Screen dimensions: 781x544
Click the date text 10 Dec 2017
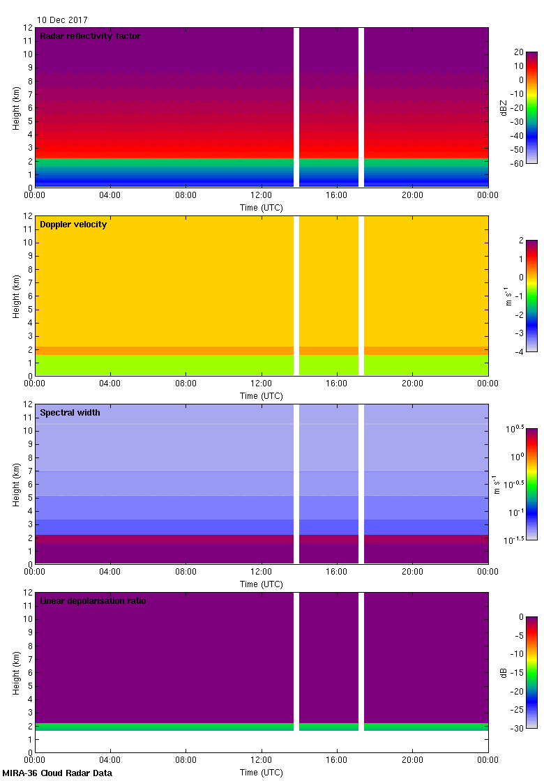63,20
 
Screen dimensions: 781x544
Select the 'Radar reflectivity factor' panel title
90,36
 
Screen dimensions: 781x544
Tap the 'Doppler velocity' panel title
73,225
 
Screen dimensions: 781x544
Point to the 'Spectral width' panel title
70,413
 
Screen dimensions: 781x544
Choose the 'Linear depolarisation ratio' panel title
93,601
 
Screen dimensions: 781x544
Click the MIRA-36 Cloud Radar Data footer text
57,773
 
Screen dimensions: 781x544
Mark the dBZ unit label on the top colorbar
504,107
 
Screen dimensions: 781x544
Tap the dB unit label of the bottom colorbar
504,672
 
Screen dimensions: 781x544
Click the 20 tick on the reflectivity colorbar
518,52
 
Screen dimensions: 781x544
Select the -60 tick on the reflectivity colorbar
517,163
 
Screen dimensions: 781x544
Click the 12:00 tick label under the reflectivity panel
262,195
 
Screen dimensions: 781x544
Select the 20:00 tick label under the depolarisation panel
412,760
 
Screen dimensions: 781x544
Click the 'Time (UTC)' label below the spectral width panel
262,584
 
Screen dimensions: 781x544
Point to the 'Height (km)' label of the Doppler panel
16,296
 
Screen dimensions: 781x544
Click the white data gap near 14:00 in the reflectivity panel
296,107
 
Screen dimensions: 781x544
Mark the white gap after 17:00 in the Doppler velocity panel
361,296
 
